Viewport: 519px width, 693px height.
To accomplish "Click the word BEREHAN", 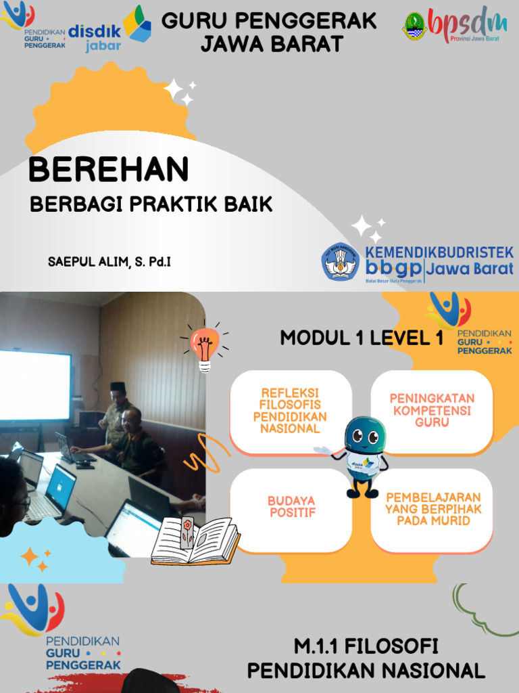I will [x=108, y=169].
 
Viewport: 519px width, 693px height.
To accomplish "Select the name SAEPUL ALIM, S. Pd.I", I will [x=109, y=261].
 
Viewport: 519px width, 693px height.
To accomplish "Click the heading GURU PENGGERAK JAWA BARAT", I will [x=269, y=32].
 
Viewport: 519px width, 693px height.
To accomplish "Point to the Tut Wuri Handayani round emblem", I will [x=341, y=263].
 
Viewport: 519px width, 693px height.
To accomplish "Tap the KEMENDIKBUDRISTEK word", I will [x=439, y=252].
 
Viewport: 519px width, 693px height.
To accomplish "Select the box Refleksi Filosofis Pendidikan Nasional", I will [x=291, y=411].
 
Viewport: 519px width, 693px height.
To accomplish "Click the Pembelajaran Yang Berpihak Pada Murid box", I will [x=432, y=509].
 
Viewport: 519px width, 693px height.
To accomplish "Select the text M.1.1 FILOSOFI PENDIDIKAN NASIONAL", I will [x=366, y=658].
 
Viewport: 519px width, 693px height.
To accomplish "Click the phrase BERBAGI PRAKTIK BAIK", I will [x=151, y=204].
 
